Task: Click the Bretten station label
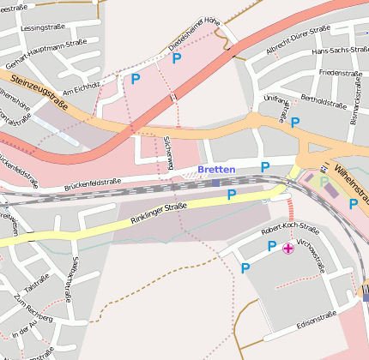point(215,169)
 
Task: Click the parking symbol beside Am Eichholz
point(135,79)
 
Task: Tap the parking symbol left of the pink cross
point(272,247)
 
